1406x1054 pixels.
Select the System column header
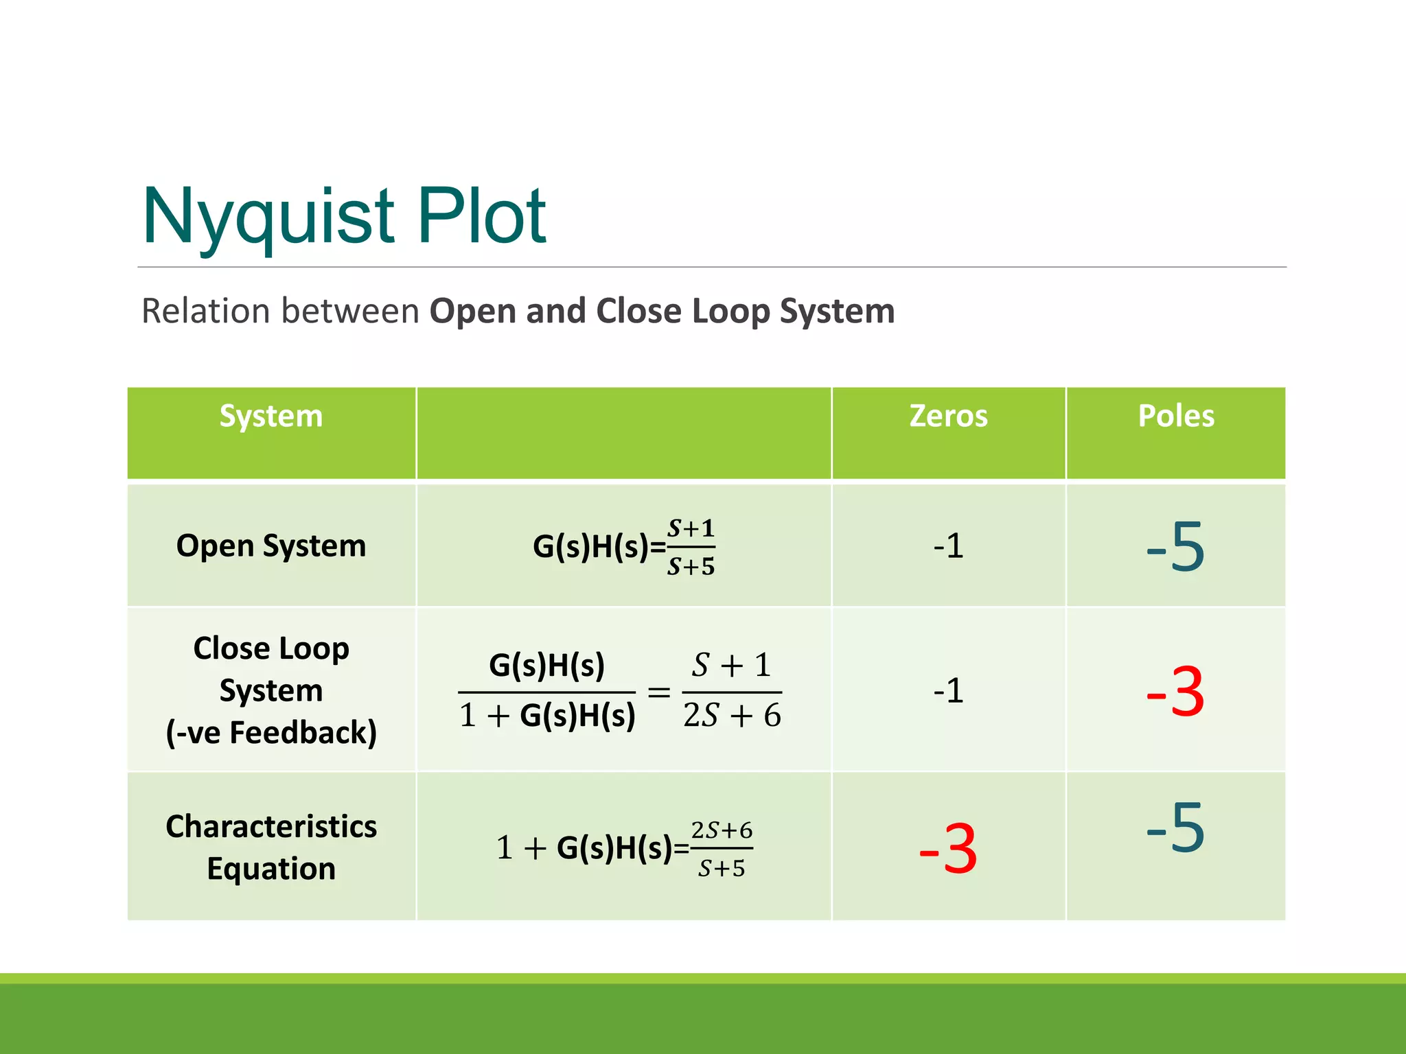pyautogui.click(x=271, y=416)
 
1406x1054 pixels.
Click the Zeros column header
pyautogui.click(x=948, y=416)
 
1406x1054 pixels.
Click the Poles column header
pyautogui.click(x=1176, y=416)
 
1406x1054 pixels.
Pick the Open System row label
pyautogui.click(x=271, y=546)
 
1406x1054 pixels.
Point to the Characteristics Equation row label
pyautogui.click(x=271, y=847)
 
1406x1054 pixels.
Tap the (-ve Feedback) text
pyautogui.click(x=271, y=732)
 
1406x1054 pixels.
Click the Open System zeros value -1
pyautogui.click(x=948, y=546)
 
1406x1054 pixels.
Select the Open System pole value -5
pyautogui.click(x=1176, y=546)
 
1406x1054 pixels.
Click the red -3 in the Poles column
pyautogui.click(x=1176, y=691)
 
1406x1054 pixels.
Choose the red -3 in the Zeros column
pyautogui.click(x=948, y=849)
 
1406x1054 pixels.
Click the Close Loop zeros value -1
pyautogui.click(x=948, y=690)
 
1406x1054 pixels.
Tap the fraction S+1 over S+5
pyautogui.click(x=691, y=547)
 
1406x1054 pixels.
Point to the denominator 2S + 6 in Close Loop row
pyautogui.click(x=732, y=716)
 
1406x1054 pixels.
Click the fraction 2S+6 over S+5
pyautogui.click(x=722, y=849)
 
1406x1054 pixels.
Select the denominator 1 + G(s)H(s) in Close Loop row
pyautogui.click(x=547, y=716)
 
